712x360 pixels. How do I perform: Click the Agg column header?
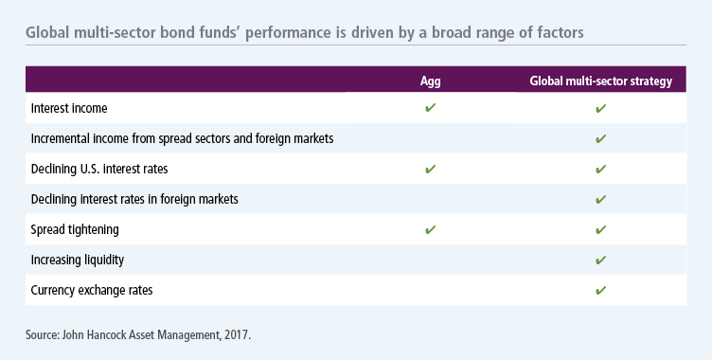430,81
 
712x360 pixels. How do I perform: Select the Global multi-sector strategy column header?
600,81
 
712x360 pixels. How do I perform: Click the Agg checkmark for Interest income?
430,109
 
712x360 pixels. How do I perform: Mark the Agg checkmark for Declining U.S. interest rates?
430,170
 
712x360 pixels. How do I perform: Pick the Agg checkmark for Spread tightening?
430,230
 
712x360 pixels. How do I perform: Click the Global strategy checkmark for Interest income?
600,109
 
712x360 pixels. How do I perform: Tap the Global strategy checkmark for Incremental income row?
600,139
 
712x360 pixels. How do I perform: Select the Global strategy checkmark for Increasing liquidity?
600,261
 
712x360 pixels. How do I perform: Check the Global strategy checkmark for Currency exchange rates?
600,291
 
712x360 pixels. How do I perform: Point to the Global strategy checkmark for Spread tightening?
600,230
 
